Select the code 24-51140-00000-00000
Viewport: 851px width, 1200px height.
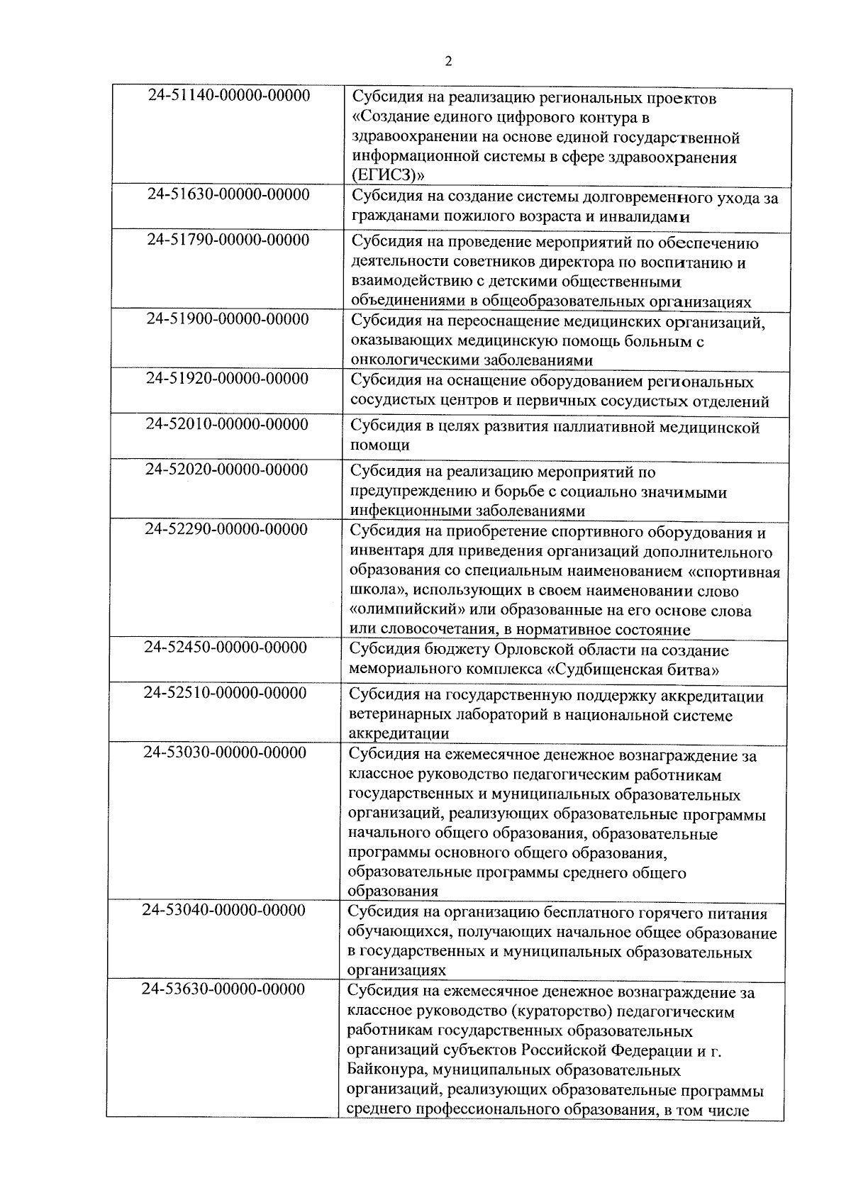pyautogui.click(x=229, y=95)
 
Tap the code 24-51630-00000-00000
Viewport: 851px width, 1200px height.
pyautogui.click(x=229, y=194)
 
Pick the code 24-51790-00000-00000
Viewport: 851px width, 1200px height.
pyautogui.click(x=228, y=240)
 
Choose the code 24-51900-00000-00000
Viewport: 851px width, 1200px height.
pyautogui.click(x=228, y=319)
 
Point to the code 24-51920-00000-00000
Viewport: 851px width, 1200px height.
pyautogui.click(x=228, y=379)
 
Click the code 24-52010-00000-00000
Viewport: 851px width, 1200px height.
pyautogui.click(x=227, y=424)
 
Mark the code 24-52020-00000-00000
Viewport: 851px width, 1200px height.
pyautogui.click(x=227, y=470)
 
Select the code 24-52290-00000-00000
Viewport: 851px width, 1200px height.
pyautogui.click(x=226, y=529)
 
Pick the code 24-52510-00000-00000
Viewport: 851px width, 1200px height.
pyautogui.click(x=226, y=692)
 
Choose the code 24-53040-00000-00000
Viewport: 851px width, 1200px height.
pyautogui.click(x=224, y=910)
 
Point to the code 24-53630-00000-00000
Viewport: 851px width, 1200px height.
pyautogui.click(x=223, y=989)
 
